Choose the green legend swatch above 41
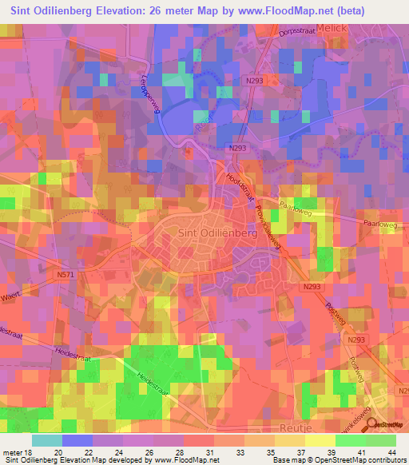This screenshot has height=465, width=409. click(x=350, y=440)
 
